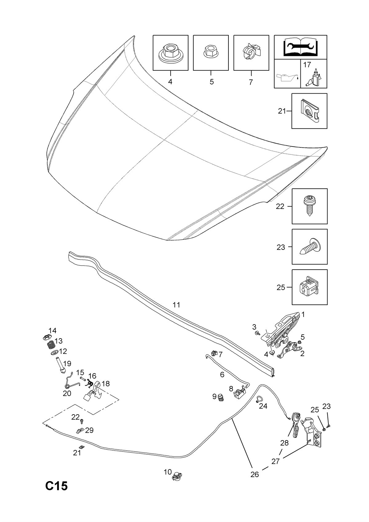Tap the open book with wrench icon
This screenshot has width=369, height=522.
[300, 47]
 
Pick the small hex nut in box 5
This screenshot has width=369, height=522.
[211, 52]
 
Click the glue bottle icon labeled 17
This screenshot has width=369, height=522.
[313, 78]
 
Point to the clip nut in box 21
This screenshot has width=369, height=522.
[309, 111]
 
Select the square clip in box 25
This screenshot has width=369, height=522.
[309, 287]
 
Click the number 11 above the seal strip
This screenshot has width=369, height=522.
[176, 305]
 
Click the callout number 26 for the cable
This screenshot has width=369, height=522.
[255, 474]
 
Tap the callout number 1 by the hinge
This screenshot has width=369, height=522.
[303, 315]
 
